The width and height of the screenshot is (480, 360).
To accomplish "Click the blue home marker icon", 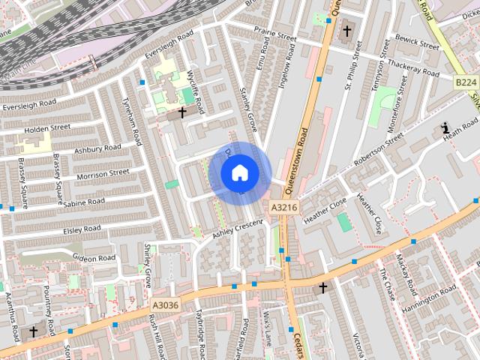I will click(239, 173).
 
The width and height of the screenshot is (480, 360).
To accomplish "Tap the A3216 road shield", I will click(283, 208).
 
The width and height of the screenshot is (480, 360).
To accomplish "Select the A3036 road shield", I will click(165, 304).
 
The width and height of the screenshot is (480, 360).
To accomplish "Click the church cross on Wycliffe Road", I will click(182, 112).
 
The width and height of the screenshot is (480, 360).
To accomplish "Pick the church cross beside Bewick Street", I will click(346, 31).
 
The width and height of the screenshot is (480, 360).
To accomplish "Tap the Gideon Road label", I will click(94, 258).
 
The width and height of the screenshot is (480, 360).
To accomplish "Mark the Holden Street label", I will click(47, 129).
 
